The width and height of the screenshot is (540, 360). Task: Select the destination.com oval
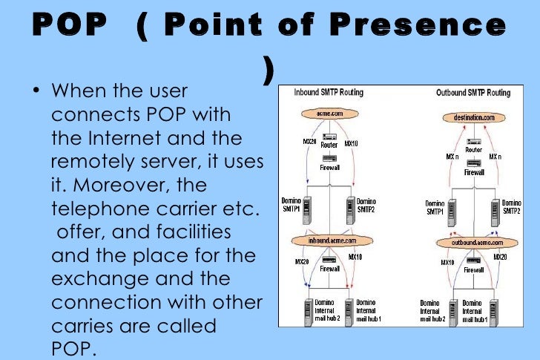pos(474,117)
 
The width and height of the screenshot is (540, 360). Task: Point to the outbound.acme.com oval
pos(474,242)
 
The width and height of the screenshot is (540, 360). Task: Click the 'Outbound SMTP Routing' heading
pos(472,93)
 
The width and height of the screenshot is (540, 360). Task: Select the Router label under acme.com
pos(329,145)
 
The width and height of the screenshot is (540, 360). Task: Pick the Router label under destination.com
pos(473,149)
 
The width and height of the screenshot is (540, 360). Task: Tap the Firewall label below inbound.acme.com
pos(329,269)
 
